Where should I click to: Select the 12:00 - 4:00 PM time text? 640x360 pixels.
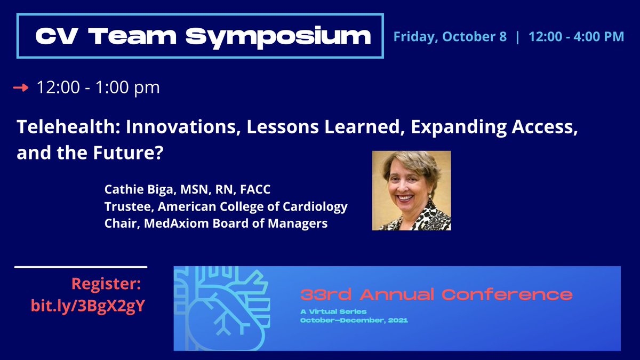pyautogui.click(x=576, y=37)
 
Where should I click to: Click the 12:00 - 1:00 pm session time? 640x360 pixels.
pyautogui.click(x=98, y=87)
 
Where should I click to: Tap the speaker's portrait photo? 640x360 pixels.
pyautogui.click(x=411, y=190)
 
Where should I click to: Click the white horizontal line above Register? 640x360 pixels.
pyautogui.click(x=81, y=267)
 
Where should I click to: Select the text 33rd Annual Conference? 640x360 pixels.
pyautogui.click(x=436, y=294)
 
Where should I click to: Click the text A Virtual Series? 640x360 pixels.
pyautogui.click(x=333, y=311)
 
